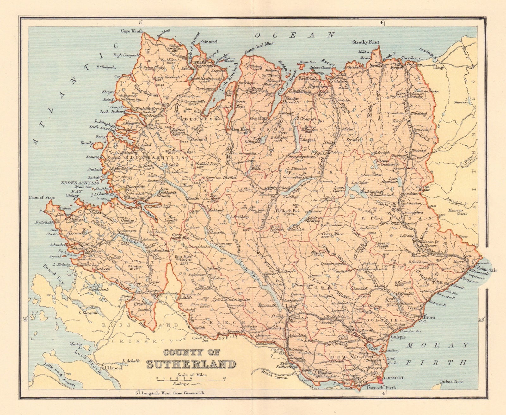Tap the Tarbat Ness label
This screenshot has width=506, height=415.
point(452,381)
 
